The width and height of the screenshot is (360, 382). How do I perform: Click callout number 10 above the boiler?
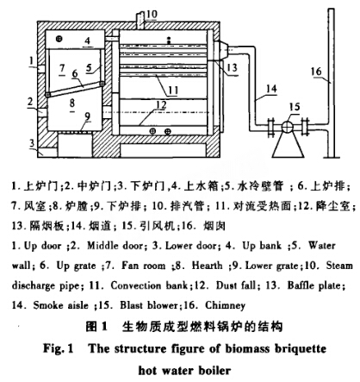pos(152,15)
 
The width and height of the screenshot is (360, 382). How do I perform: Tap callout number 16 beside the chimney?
pos(316,71)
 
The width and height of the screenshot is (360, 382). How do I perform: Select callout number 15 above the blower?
pos(295,108)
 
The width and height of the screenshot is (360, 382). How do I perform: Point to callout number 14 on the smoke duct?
pos(271,89)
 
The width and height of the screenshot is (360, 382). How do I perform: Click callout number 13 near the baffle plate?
pos(232,67)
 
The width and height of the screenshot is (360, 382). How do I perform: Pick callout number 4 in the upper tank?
pos(88,41)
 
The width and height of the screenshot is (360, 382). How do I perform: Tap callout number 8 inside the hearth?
pos(72,103)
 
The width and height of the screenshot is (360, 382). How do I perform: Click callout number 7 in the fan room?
pos(62,68)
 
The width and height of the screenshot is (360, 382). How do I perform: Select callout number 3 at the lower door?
pos(32,143)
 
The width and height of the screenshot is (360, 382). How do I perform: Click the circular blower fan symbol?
pos(288,127)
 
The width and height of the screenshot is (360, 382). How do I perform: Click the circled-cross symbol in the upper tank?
pos(59,39)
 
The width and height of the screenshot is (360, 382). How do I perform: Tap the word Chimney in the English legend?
pos(226,305)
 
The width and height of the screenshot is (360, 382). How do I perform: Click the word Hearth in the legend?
pos(207,266)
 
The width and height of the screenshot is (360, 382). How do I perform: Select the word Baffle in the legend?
pos(303,285)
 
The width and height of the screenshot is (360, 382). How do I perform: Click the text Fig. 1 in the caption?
pos(59,348)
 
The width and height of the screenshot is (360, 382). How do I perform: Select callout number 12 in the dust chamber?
pos(161,104)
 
